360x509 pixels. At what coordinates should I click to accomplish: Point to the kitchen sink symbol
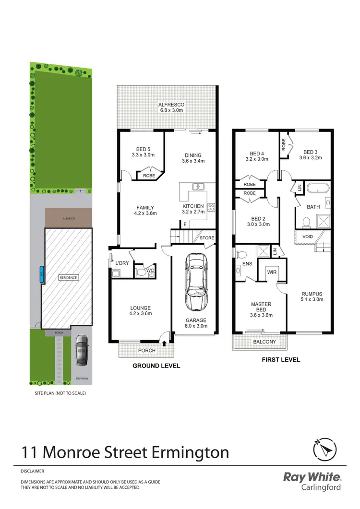coord(198,187)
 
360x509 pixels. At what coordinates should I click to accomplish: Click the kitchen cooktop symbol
coord(210,208)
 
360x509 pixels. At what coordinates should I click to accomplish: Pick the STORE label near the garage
coord(207,238)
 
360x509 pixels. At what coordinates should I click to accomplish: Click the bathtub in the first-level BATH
coord(317,188)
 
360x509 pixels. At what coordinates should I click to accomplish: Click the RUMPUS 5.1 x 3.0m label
coord(312,296)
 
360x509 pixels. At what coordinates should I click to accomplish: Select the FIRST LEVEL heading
coord(281,359)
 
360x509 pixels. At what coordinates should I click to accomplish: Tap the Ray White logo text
coord(312,478)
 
